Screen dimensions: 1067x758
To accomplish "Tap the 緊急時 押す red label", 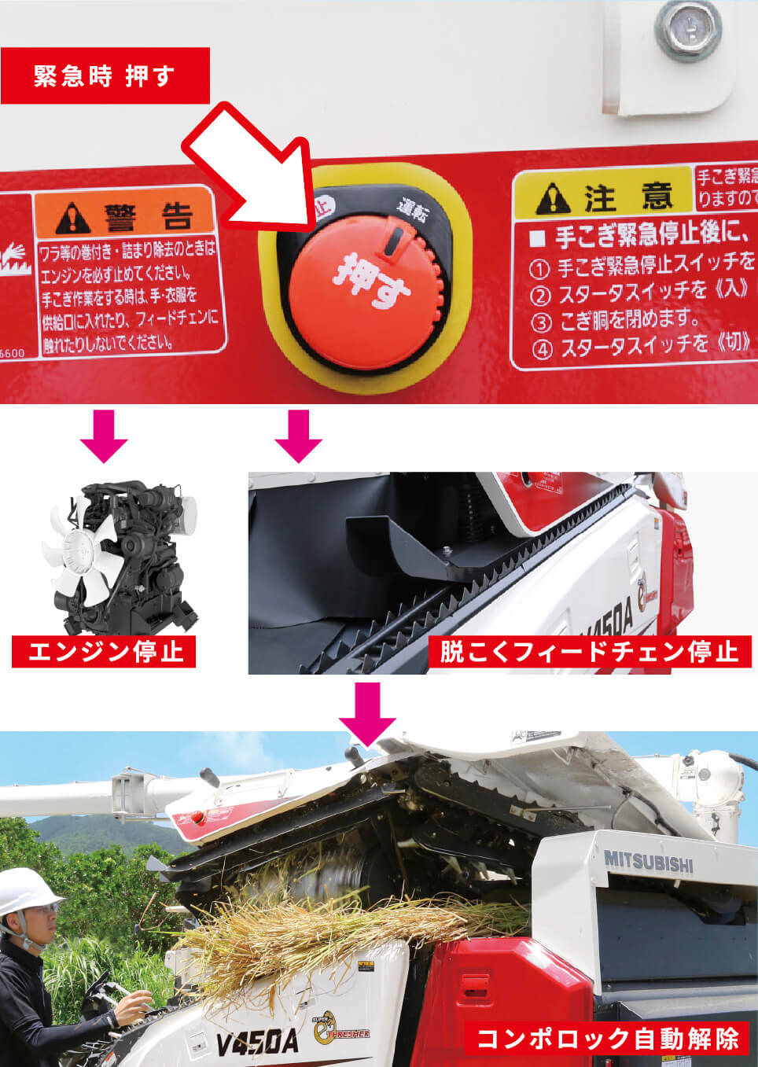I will coord(105,75).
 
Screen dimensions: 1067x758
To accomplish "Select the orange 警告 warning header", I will coord(125,212).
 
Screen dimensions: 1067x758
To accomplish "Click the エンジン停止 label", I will coord(104,652).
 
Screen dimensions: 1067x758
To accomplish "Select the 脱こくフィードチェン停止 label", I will coord(590,652).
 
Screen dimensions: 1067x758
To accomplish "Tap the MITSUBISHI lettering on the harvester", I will coord(648,861).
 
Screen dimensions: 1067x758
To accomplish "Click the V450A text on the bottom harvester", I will coord(257,1043).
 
